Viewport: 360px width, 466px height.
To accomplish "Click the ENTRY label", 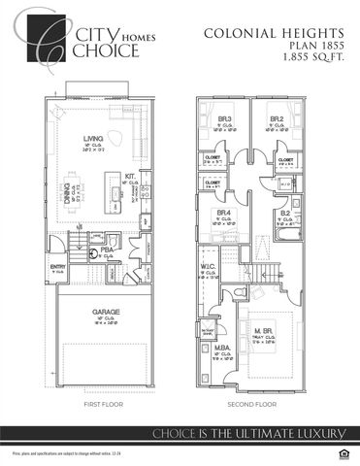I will click(57, 266).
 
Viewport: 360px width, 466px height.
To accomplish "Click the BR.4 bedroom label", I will click(224, 213).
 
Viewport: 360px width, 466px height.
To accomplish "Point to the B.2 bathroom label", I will click(285, 213).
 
